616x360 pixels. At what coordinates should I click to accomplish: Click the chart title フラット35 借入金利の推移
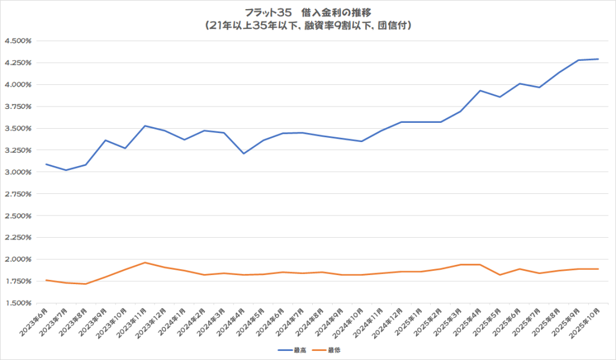(x=307, y=13)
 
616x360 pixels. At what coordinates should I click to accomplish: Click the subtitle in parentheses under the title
(x=307, y=26)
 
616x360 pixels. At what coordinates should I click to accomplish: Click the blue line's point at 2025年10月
(x=597, y=59)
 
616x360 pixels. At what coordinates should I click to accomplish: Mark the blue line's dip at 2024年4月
(x=243, y=154)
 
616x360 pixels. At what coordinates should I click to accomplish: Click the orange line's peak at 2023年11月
(x=145, y=262)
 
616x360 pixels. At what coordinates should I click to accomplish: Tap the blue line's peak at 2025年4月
(x=480, y=91)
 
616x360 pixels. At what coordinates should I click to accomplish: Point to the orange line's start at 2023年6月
(x=46, y=280)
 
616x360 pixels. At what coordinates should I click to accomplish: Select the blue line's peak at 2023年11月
(x=145, y=126)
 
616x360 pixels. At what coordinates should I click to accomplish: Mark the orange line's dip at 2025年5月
(x=499, y=275)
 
